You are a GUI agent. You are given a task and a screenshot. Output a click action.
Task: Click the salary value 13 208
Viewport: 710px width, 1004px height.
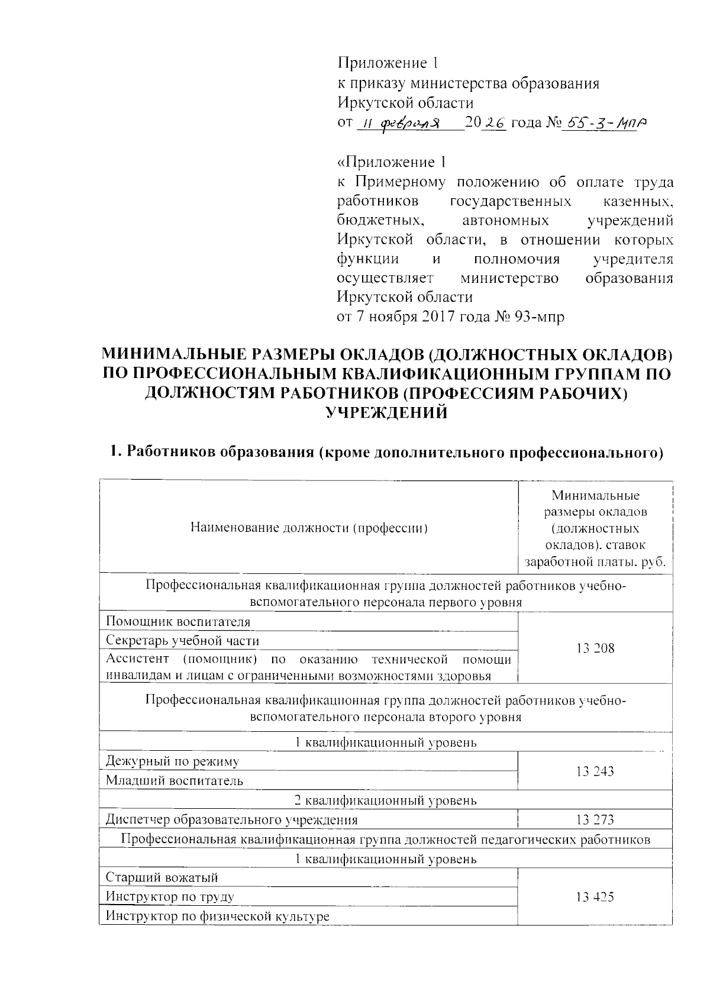(x=595, y=648)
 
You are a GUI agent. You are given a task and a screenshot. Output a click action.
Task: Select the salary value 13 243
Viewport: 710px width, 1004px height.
(x=595, y=771)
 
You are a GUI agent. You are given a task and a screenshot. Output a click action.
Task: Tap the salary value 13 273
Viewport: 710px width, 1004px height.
(x=595, y=819)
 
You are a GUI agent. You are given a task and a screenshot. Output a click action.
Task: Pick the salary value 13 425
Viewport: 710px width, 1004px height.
(x=595, y=897)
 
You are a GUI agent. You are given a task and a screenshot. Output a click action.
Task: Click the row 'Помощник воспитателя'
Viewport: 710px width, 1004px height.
(x=178, y=622)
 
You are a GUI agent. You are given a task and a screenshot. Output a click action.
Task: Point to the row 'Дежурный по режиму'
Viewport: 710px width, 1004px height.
(x=172, y=761)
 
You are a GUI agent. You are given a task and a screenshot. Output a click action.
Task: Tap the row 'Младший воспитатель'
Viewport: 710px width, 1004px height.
(x=175, y=780)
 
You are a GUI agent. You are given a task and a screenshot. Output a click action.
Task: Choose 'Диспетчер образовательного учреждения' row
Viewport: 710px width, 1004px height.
(x=231, y=820)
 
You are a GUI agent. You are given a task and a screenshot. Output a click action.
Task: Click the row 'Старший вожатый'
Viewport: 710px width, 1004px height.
(x=162, y=877)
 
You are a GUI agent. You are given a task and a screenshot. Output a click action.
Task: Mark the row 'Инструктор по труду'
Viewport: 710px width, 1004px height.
(x=170, y=897)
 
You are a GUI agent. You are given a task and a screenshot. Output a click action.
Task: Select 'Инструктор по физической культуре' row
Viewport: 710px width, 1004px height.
(x=217, y=916)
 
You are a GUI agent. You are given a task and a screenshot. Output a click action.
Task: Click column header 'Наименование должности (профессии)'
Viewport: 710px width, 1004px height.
(x=308, y=528)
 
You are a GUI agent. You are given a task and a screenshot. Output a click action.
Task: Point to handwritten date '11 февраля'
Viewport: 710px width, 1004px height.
(x=402, y=124)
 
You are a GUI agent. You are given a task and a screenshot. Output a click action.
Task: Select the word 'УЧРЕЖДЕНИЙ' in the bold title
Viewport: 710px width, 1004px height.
(x=388, y=413)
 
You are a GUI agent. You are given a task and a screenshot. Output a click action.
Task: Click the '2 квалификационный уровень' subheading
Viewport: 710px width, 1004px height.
(x=386, y=800)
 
